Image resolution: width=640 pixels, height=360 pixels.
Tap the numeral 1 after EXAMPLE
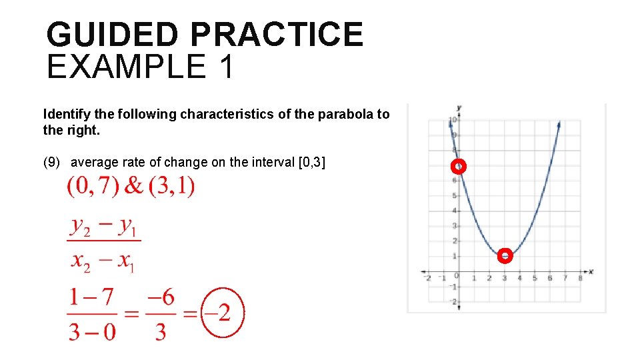(225, 67)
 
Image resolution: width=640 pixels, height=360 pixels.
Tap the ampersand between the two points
(134, 187)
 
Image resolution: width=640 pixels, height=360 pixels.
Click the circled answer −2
(223, 313)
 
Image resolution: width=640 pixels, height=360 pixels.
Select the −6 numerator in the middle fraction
(160, 298)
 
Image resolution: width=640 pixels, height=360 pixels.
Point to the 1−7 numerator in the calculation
(93, 298)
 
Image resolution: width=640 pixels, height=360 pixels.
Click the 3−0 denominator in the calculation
(93, 331)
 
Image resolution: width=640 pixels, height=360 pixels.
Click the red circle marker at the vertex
(505, 256)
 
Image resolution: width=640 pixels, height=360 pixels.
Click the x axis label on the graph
(591, 272)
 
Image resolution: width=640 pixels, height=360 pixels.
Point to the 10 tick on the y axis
(452, 121)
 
